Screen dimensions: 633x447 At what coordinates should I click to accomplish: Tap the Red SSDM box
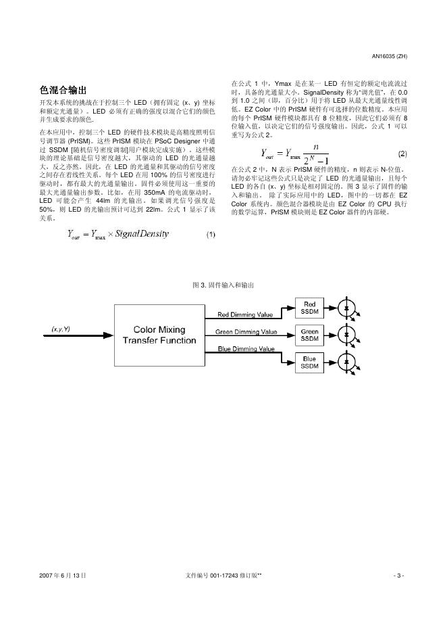click(x=309, y=308)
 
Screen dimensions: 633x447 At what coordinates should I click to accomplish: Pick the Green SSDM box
click(x=309, y=335)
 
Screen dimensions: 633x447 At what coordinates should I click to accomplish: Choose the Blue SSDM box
click(x=309, y=362)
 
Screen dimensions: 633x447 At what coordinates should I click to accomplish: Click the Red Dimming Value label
click(x=244, y=314)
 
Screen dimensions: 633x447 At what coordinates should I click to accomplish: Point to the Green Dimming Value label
click(x=246, y=332)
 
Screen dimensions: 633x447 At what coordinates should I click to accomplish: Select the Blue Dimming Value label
click(x=246, y=349)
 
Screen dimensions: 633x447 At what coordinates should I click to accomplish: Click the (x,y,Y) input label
click(x=61, y=328)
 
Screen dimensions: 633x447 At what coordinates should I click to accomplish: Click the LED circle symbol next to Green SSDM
click(x=348, y=335)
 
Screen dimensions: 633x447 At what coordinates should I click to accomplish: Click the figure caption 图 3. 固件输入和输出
click(x=223, y=285)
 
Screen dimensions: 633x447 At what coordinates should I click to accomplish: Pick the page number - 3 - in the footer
click(x=398, y=576)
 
